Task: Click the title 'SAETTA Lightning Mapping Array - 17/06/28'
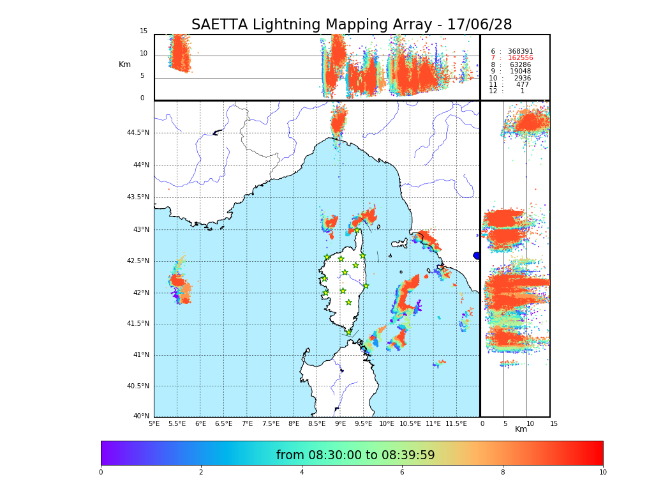pyautogui.click(x=352, y=25)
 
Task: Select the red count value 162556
pyautogui.click(x=520, y=58)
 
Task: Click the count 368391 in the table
pyautogui.click(x=520, y=52)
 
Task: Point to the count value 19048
pyautogui.click(x=520, y=72)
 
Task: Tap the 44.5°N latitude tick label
pyautogui.click(x=138, y=133)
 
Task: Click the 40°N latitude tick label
pyautogui.click(x=141, y=416)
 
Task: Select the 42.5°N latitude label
pyautogui.click(x=138, y=261)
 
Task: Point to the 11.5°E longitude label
pyautogui.click(x=457, y=423)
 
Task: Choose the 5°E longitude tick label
pyautogui.click(x=154, y=423)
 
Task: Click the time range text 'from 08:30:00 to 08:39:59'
pyautogui.click(x=355, y=455)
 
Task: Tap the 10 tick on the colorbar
pyautogui.click(x=602, y=473)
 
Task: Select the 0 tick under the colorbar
pyautogui.click(x=101, y=473)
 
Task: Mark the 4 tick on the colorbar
pyautogui.click(x=302, y=473)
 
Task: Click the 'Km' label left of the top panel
pyautogui.click(x=124, y=65)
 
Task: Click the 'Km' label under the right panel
pyautogui.click(x=521, y=429)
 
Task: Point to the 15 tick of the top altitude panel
pyautogui.click(x=144, y=31)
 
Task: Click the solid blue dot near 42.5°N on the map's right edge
pyautogui.click(x=477, y=255)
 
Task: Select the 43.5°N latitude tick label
pyautogui.click(x=138, y=197)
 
